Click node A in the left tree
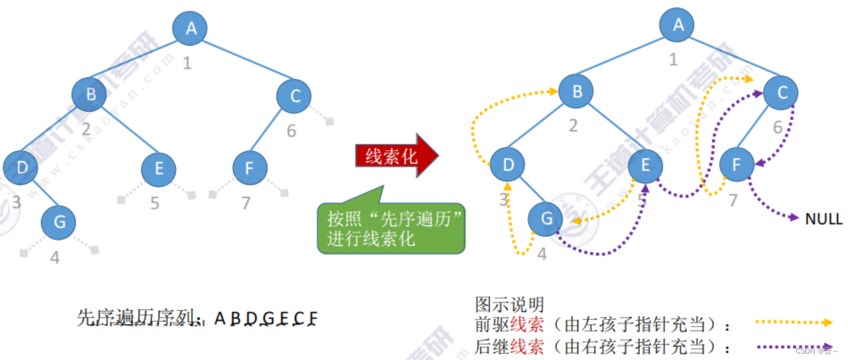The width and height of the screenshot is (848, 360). (191, 28)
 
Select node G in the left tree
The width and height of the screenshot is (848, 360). (59, 223)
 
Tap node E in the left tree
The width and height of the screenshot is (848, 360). (158, 169)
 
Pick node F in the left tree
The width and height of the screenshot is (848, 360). (249, 169)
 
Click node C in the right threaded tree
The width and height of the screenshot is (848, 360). (782, 93)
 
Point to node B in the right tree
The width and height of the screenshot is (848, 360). (576, 92)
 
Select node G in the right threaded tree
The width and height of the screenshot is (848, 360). (546, 219)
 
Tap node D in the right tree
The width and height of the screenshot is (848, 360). (508, 165)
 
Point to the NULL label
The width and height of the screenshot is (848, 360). (824, 219)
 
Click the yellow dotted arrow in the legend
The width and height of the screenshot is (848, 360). (795, 322)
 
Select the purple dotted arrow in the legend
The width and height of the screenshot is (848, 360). (795, 346)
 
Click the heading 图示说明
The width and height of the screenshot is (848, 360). (509, 304)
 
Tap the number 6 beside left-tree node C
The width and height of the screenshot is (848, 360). (292, 131)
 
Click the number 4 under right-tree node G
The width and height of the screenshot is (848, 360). (542, 254)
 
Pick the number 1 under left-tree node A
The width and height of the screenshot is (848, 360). (187, 63)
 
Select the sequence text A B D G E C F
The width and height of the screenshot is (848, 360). (266, 318)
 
